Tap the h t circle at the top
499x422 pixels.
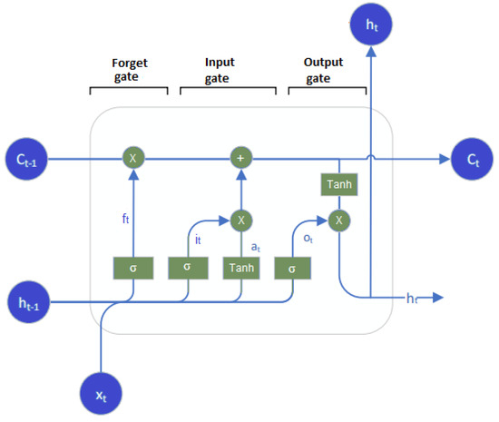(370, 26)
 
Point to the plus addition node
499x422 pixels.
(240, 159)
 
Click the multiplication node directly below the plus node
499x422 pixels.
(240, 220)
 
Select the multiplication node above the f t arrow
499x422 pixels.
(133, 159)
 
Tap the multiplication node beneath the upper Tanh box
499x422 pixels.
(338, 220)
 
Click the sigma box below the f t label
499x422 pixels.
(133, 269)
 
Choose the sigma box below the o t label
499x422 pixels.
(292, 269)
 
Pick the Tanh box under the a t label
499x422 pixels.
(240, 269)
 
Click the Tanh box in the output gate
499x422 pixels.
(338, 184)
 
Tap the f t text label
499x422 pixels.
(126, 219)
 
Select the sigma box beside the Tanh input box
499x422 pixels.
(187, 269)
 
